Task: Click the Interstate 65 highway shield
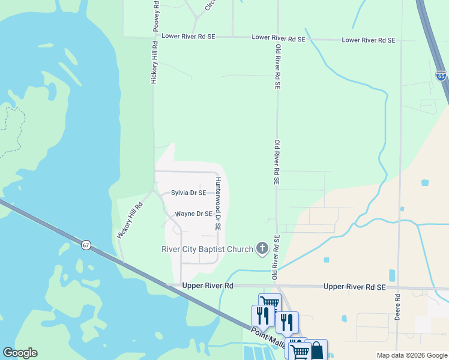click(x=441, y=75)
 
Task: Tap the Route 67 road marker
click(x=86, y=245)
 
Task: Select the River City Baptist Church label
click(x=207, y=249)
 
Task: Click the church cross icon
click(x=262, y=247)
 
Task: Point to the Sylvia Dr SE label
click(x=188, y=193)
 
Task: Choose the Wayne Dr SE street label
click(x=193, y=214)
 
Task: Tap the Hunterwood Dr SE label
click(x=218, y=204)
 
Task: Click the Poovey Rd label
click(x=156, y=16)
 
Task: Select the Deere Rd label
click(x=397, y=307)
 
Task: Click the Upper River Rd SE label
click(x=354, y=287)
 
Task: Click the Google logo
click(x=20, y=353)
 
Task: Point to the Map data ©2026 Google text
click(x=411, y=355)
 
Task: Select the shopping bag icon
click(x=316, y=350)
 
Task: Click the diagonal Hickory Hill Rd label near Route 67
click(x=131, y=221)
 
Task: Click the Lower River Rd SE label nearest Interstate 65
click(x=369, y=40)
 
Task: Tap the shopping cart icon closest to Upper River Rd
click(x=270, y=304)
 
